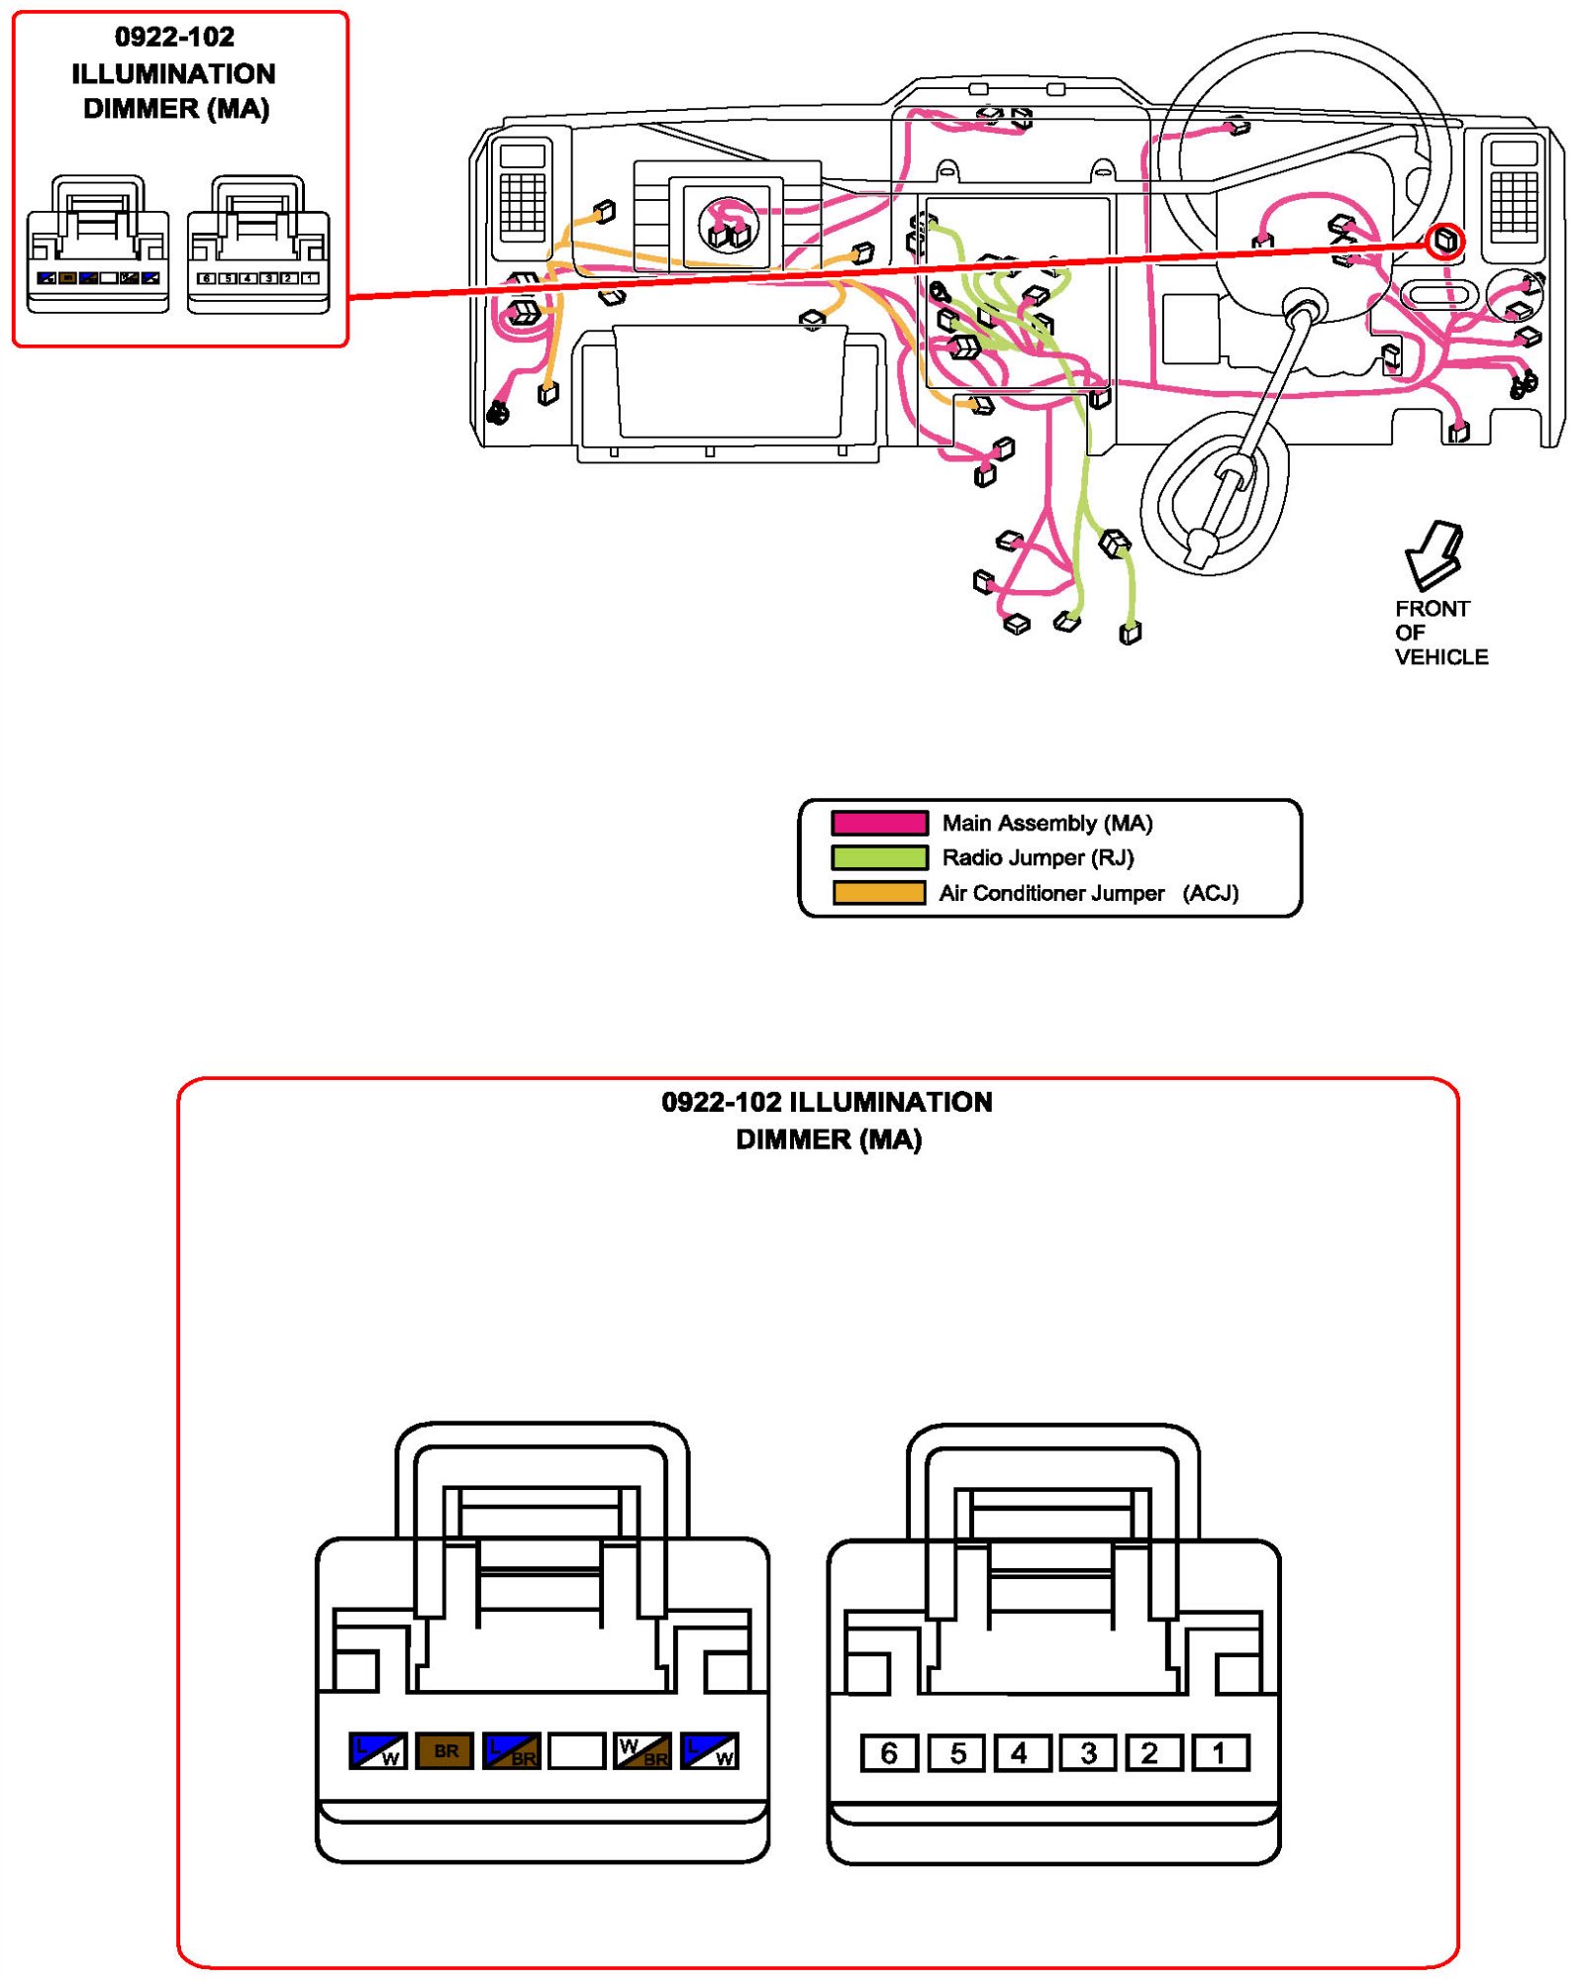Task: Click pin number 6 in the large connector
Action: (x=888, y=1753)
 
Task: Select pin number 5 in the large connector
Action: (x=956, y=1753)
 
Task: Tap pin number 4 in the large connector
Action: (x=1020, y=1753)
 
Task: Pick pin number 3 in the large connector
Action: (x=1088, y=1753)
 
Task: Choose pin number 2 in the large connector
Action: (x=1151, y=1753)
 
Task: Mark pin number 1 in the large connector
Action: (x=1220, y=1753)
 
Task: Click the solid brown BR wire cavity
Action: (x=445, y=1751)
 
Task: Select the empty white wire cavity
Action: (x=576, y=1751)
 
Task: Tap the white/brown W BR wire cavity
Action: (x=643, y=1751)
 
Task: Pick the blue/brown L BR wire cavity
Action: (x=511, y=1751)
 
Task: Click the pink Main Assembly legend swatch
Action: (x=879, y=823)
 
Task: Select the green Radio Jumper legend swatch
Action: (x=879, y=857)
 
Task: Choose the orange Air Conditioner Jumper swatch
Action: (x=879, y=892)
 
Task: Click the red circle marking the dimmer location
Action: (x=1444, y=241)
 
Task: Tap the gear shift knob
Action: (x=1201, y=544)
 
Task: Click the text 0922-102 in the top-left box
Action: (x=174, y=38)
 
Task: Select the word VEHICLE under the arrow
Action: (x=1440, y=657)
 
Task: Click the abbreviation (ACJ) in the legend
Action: (x=1210, y=893)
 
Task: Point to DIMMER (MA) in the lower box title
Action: (x=829, y=1139)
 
